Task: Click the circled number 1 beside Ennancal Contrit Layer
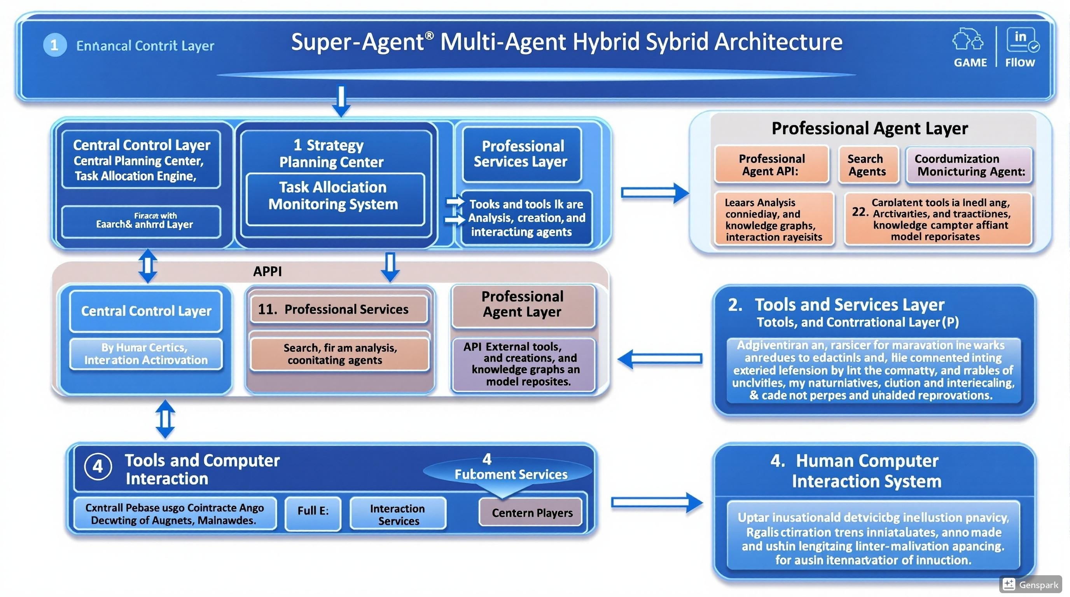click(55, 45)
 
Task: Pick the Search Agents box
click(867, 165)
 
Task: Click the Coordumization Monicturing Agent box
click(969, 165)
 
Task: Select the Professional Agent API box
click(771, 165)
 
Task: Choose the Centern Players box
click(531, 513)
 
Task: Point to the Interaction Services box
click(398, 514)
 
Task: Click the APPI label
click(267, 272)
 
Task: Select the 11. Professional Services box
click(339, 309)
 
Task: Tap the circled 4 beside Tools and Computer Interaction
click(98, 467)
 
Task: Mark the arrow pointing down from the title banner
click(341, 100)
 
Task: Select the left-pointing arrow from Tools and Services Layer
click(660, 359)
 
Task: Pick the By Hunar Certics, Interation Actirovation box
click(146, 354)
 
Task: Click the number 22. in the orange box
click(859, 212)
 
